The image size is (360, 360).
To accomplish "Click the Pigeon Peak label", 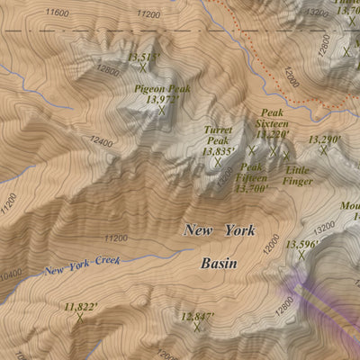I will [x=162, y=89].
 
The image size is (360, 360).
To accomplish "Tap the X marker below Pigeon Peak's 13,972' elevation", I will [x=162, y=112].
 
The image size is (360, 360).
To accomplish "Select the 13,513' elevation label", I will [x=143, y=57].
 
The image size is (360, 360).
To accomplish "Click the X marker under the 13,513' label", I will [x=143, y=67].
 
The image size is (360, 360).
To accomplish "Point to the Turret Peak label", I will [x=218, y=135].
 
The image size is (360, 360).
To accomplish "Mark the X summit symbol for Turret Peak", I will [x=218, y=163].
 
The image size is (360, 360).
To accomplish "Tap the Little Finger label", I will [x=298, y=175].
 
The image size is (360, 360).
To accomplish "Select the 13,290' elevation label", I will [x=325, y=139].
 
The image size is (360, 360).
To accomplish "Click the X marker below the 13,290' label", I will [x=324, y=150].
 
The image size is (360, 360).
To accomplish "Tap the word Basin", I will [x=219, y=264].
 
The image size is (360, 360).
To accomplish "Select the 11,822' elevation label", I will [x=80, y=307].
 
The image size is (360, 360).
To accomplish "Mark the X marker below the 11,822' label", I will [x=80, y=317].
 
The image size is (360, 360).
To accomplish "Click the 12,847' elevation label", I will [x=198, y=317].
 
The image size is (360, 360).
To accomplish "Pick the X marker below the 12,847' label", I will [x=198, y=328].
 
